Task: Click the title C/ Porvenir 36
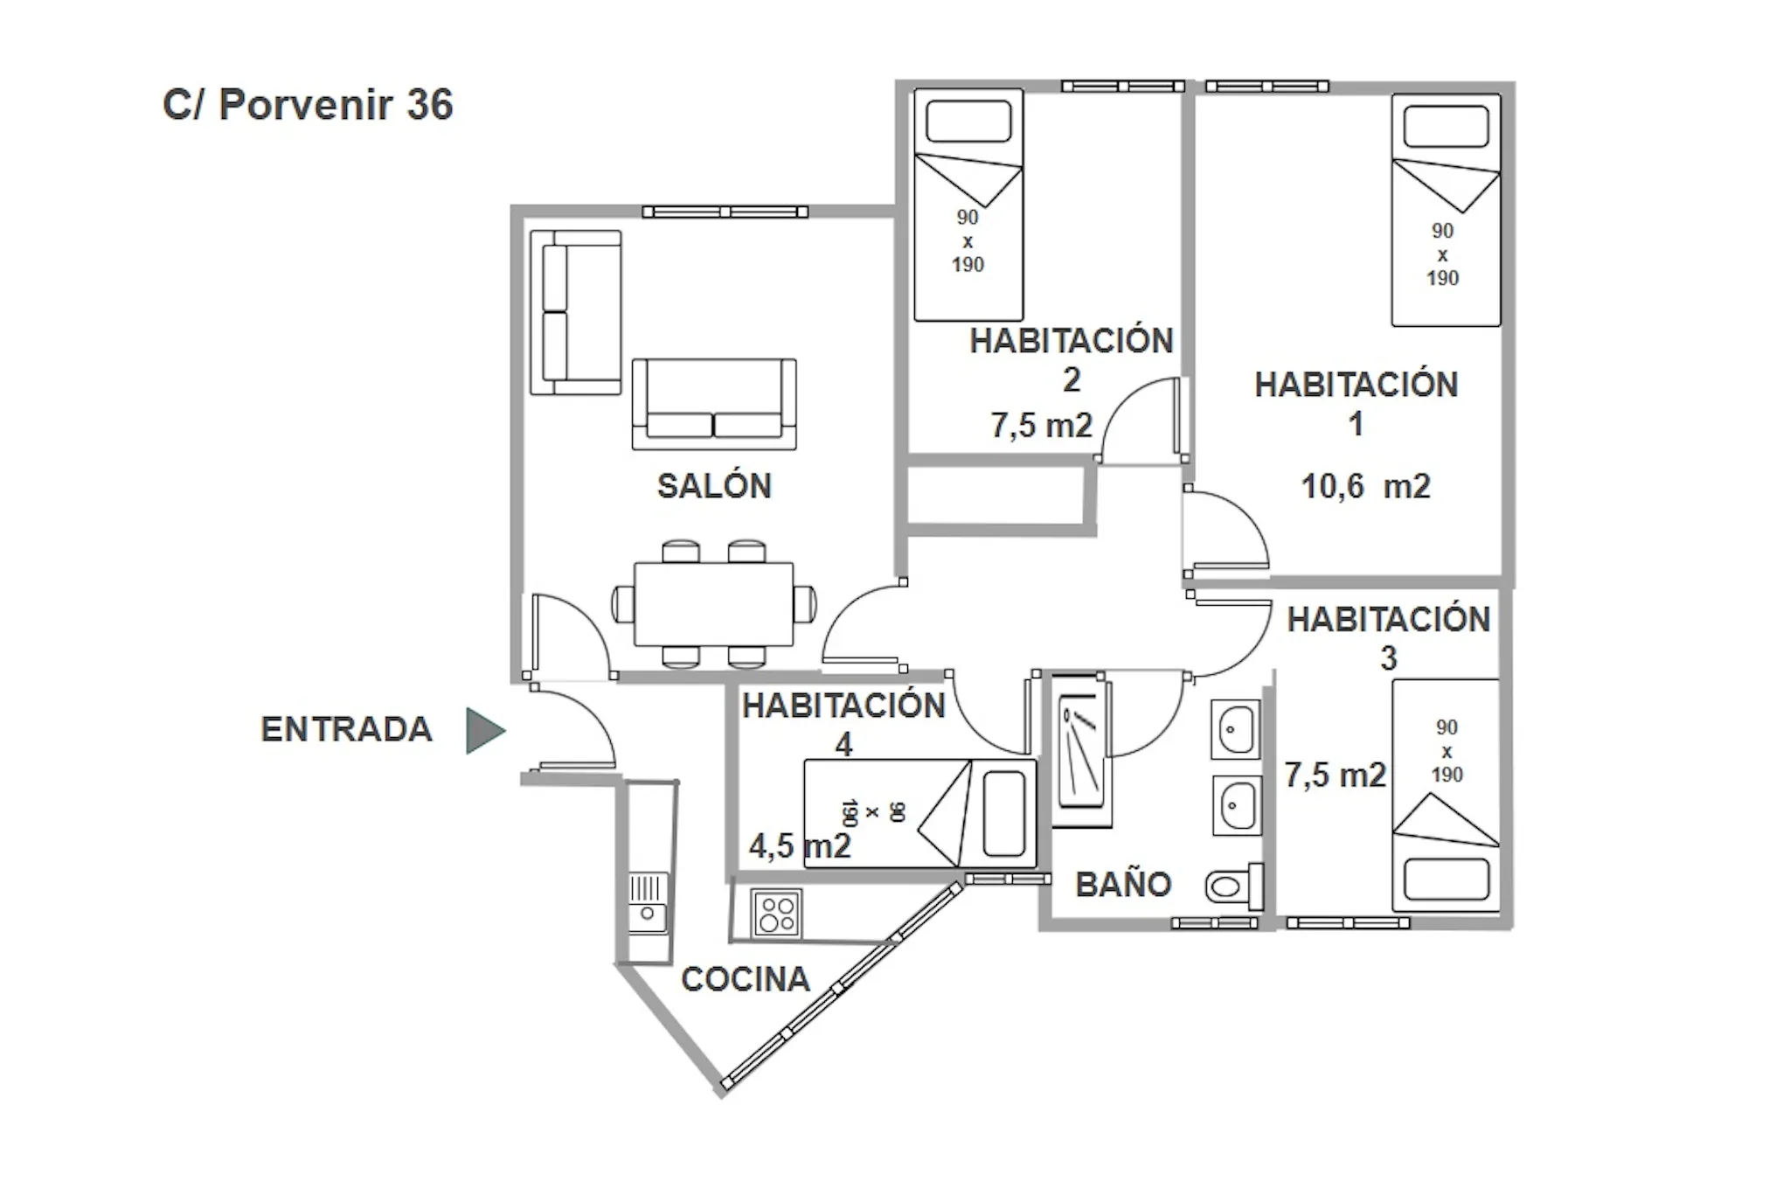(x=308, y=105)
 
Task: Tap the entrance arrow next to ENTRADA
(x=483, y=730)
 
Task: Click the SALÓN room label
(x=714, y=486)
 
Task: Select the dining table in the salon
(x=713, y=604)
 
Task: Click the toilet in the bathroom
(x=1233, y=887)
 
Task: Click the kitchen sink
(x=648, y=902)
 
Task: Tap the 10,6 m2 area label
(x=1365, y=486)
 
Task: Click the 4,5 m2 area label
(x=799, y=845)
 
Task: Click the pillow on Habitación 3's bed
(x=1446, y=879)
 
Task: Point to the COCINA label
(x=746, y=979)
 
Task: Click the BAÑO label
(x=1123, y=885)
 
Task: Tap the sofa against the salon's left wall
(x=575, y=312)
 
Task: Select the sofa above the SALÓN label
(x=714, y=404)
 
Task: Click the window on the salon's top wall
(x=725, y=212)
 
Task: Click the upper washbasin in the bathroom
(x=1236, y=728)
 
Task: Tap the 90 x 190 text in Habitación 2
(x=968, y=241)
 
